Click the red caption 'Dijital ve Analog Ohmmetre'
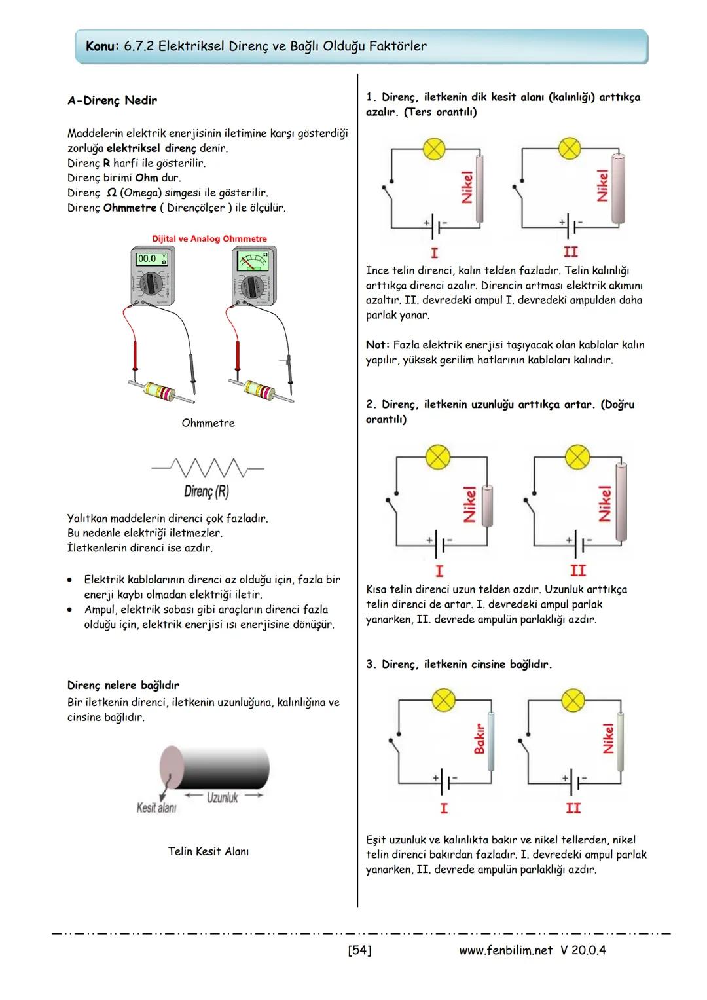coord(209,239)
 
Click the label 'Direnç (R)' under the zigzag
coord(206,491)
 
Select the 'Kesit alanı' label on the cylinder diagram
coord(156,807)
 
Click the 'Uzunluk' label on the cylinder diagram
coord(223,797)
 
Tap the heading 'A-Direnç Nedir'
coord(112,101)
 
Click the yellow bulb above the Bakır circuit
coord(444,699)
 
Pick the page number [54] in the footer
coord(359,950)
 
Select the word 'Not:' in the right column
coord(378,344)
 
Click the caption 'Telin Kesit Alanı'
coord(208,851)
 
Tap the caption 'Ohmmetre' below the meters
coord(208,423)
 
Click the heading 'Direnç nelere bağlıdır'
coord(123,685)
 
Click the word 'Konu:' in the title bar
coord(103,46)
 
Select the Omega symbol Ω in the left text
coord(111,193)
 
